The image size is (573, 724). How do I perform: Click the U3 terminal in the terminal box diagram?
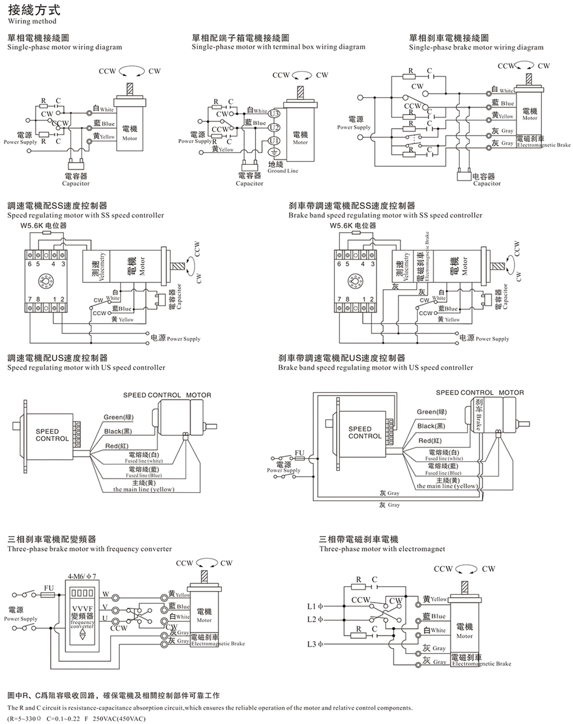(x=274, y=113)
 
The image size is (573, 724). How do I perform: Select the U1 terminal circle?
(x=274, y=140)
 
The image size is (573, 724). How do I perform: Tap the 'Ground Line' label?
(x=283, y=171)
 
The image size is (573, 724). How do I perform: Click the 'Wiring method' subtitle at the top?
(x=32, y=21)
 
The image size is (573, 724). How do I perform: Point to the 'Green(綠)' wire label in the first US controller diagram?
(x=118, y=417)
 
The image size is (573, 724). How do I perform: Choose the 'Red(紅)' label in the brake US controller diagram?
(x=430, y=441)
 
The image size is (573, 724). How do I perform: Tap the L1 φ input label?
(x=315, y=606)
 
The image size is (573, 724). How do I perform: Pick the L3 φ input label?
(x=315, y=644)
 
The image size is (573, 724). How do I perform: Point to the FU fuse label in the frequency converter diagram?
(x=49, y=587)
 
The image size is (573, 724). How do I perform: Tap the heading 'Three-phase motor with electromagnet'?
(x=382, y=549)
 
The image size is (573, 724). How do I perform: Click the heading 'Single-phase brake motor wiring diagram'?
(x=476, y=47)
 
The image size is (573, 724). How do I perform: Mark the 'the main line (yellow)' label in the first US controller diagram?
(x=144, y=489)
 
